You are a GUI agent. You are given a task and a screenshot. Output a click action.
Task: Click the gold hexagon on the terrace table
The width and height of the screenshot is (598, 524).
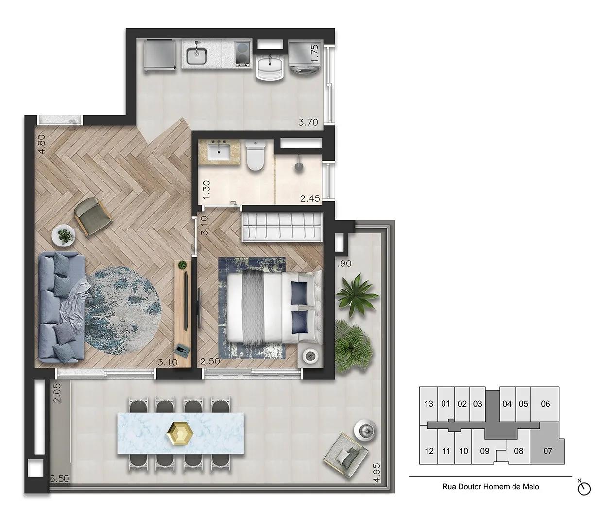179,432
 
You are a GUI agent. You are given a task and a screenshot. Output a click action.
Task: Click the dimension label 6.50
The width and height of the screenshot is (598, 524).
60,479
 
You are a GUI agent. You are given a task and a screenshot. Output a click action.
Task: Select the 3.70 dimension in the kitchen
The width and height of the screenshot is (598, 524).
308,123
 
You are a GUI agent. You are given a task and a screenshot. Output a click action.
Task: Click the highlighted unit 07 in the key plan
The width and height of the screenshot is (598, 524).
547,450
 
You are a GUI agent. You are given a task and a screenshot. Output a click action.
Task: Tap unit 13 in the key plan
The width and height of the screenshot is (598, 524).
428,404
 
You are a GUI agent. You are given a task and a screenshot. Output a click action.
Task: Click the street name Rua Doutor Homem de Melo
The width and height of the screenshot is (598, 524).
490,486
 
